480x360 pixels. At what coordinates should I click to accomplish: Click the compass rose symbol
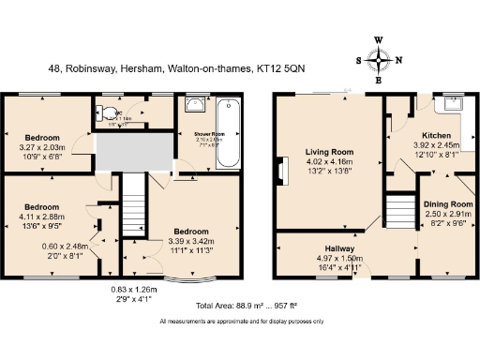pyautogui.click(x=380, y=61)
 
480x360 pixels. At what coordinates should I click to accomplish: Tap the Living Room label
pyautogui.click(x=328, y=151)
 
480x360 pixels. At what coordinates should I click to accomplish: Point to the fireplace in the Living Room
pyautogui.click(x=280, y=171)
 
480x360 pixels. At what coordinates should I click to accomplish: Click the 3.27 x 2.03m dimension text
pyautogui.click(x=46, y=147)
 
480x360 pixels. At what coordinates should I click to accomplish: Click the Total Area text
pyautogui.click(x=239, y=307)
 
